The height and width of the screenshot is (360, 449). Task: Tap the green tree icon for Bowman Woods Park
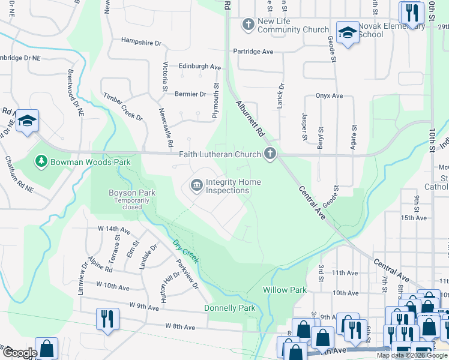[41, 161]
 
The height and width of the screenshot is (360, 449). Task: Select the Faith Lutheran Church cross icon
[270, 154]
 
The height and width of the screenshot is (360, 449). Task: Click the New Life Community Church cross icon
[248, 25]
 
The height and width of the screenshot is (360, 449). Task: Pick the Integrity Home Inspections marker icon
[196, 186]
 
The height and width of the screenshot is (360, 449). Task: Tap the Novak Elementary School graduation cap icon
[347, 33]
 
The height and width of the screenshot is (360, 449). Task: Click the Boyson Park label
[124, 193]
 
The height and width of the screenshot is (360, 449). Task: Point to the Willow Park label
[285, 290]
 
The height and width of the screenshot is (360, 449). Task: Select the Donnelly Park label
[229, 308]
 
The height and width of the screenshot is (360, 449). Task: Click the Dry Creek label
[185, 252]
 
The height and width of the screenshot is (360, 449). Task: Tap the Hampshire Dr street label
[142, 43]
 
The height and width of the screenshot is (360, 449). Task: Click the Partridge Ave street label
[253, 52]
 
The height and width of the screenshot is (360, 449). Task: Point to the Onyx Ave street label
[329, 96]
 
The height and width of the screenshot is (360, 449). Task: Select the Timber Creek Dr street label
[123, 106]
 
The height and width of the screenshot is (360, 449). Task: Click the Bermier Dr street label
[190, 94]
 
